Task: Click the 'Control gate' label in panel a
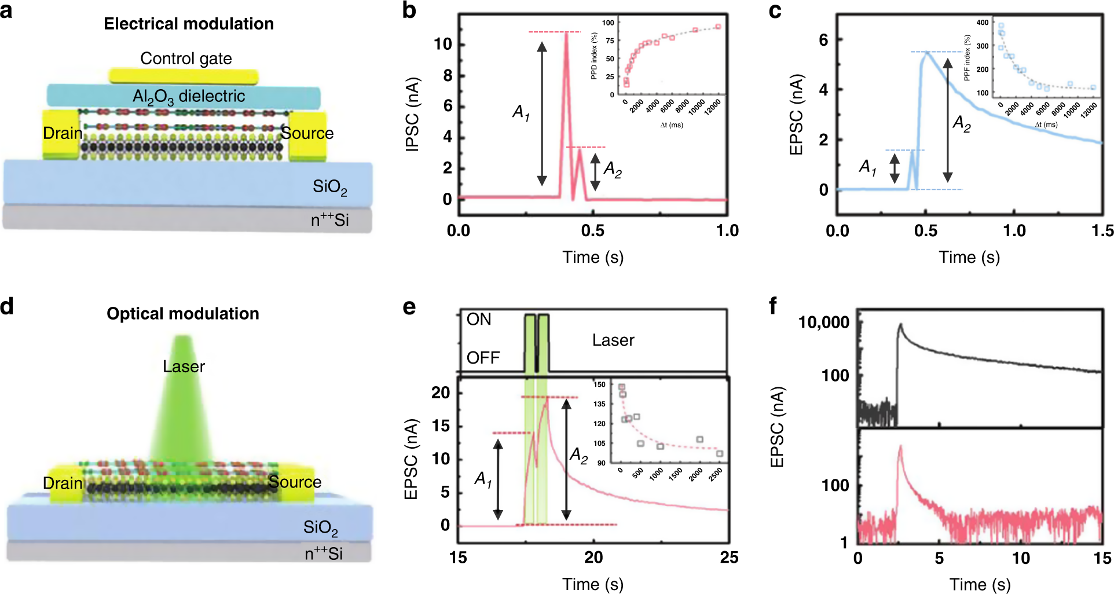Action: pyautogui.click(x=186, y=58)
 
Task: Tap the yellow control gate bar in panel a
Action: pyautogui.click(x=183, y=76)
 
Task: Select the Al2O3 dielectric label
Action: pyautogui.click(x=189, y=96)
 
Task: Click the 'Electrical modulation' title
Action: pyautogui.click(x=189, y=24)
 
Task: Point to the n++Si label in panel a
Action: pyautogui.click(x=329, y=219)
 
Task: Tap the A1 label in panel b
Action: pyautogui.click(x=521, y=112)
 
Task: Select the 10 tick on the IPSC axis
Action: pyautogui.click(x=443, y=44)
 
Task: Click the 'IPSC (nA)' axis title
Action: pyautogui.click(x=412, y=115)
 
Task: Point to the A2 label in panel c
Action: pyautogui.click(x=962, y=123)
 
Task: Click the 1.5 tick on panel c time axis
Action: pyautogui.click(x=1102, y=231)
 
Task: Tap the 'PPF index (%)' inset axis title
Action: pyautogui.click(x=967, y=57)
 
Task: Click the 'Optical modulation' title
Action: pyautogui.click(x=183, y=314)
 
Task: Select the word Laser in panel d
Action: pyautogui.click(x=184, y=366)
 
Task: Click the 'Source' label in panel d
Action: pyautogui.click(x=295, y=482)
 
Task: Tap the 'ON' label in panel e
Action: pyautogui.click(x=479, y=320)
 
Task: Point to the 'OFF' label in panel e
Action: pyautogui.click(x=483, y=358)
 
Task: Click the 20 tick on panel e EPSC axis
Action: pyautogui.click(x=441, y=393)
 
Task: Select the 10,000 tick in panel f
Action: pyautogui.click(x=824, y=322)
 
